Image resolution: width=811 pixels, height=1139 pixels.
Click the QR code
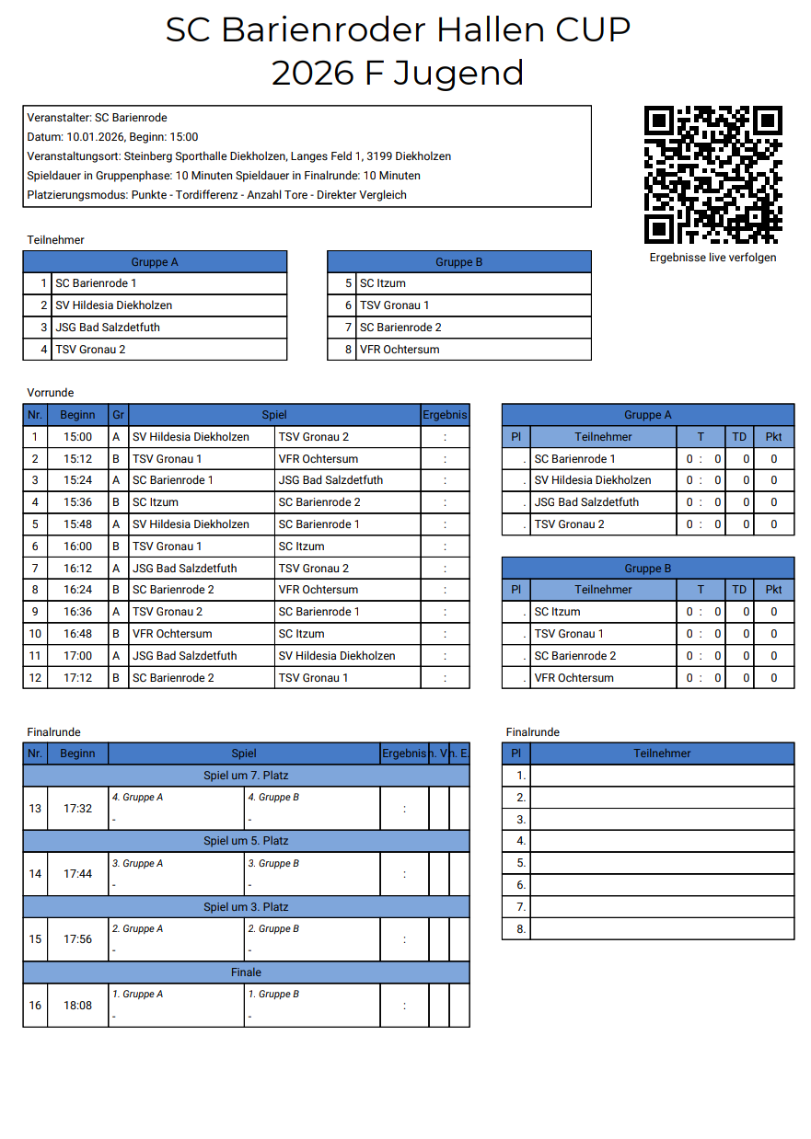click(713, 174)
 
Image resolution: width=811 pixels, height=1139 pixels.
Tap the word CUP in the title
click(593, 30)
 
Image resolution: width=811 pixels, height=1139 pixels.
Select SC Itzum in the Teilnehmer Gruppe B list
click(382, 283)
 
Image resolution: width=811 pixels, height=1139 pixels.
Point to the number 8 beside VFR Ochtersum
click(348, 350)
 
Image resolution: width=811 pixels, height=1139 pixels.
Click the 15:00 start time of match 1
click(77, 437)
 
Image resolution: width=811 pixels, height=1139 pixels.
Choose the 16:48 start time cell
click(77, 634)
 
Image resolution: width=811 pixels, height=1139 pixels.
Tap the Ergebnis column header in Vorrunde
click(445, 415)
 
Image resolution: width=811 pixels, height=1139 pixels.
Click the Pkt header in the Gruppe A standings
click(773, 437)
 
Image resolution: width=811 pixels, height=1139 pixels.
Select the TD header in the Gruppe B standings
click(739, 590)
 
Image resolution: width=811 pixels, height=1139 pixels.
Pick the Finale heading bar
click(246, 972)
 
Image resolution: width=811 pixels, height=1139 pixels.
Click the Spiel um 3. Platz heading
click(246, 907)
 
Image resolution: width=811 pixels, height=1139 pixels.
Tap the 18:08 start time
click(77, 1006)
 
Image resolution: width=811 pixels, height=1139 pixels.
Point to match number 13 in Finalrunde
click(35, 809)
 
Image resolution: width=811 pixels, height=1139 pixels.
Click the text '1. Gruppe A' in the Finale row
click(137, 995)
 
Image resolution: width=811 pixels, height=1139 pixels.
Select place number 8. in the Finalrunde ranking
click(521, 929)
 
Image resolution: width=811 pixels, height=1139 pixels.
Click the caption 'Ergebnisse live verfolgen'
click(713, 258)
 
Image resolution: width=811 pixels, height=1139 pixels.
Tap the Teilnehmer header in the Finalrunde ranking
click(662, 754)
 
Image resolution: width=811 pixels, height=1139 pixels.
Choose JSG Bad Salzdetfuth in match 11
click(185, 656)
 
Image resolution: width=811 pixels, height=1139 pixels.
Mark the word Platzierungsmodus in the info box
click(76, 195)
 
